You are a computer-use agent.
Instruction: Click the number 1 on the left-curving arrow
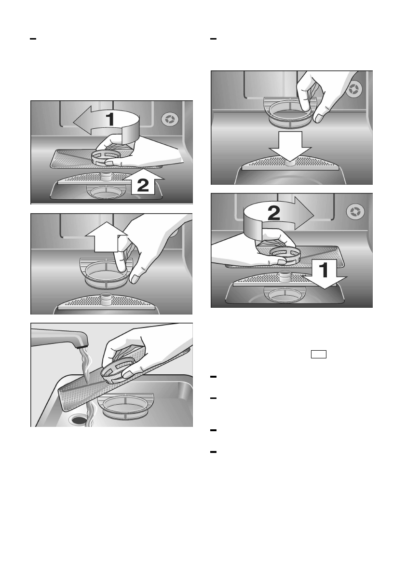coord(110,119)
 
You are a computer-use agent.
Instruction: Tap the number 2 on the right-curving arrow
coord(274,213)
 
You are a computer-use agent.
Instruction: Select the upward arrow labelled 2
coord(143,181)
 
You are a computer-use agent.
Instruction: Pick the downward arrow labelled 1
coord(324,274)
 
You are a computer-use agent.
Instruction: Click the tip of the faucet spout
coord(84,343)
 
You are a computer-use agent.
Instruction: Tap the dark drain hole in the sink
coord(78,420)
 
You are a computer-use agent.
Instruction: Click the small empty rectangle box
coord(319,355)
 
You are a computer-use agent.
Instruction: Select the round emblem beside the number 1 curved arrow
coord(170,120)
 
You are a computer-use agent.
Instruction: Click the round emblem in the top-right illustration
coord(354,89)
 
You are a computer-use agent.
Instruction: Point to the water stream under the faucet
coord(86,384)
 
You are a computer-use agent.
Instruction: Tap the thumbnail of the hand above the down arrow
coord(319,118)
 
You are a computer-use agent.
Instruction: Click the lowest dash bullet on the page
coord(214,452)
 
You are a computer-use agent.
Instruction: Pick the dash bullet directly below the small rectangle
coord(214,377)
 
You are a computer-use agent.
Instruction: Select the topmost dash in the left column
coord(33,39)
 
